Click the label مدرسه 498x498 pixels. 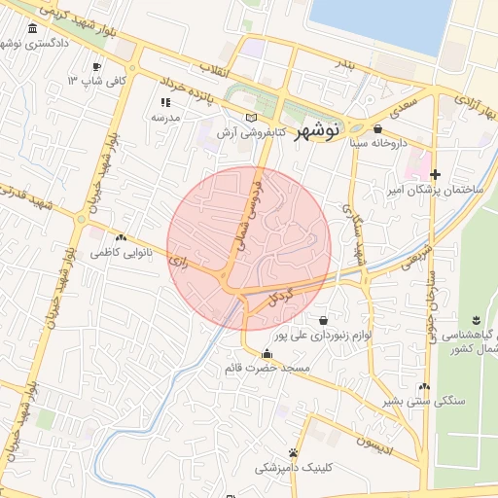[165, 117]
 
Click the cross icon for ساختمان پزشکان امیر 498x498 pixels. [436, 174]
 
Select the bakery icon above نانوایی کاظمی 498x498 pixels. [121, 237]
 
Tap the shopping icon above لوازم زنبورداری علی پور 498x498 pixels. [323, 320]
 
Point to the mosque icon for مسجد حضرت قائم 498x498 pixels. [267, 353]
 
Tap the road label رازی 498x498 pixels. [178, 261]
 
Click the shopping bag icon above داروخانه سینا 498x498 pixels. [377, 128]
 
